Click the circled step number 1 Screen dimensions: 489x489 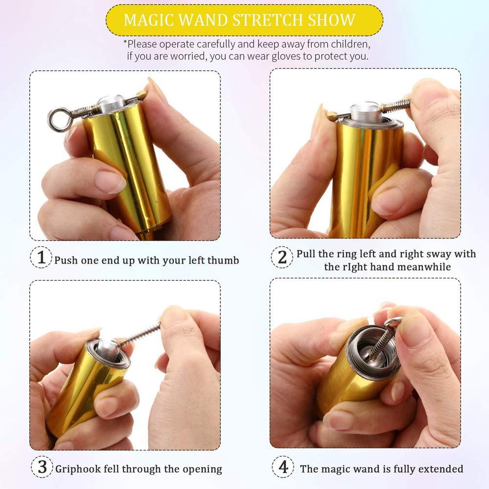[x=42, y=257]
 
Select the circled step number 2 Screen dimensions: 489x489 [x=282, y=257]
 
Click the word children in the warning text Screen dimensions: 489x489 [x=343, y=44]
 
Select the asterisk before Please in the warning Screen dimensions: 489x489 [x=125, y=43]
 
